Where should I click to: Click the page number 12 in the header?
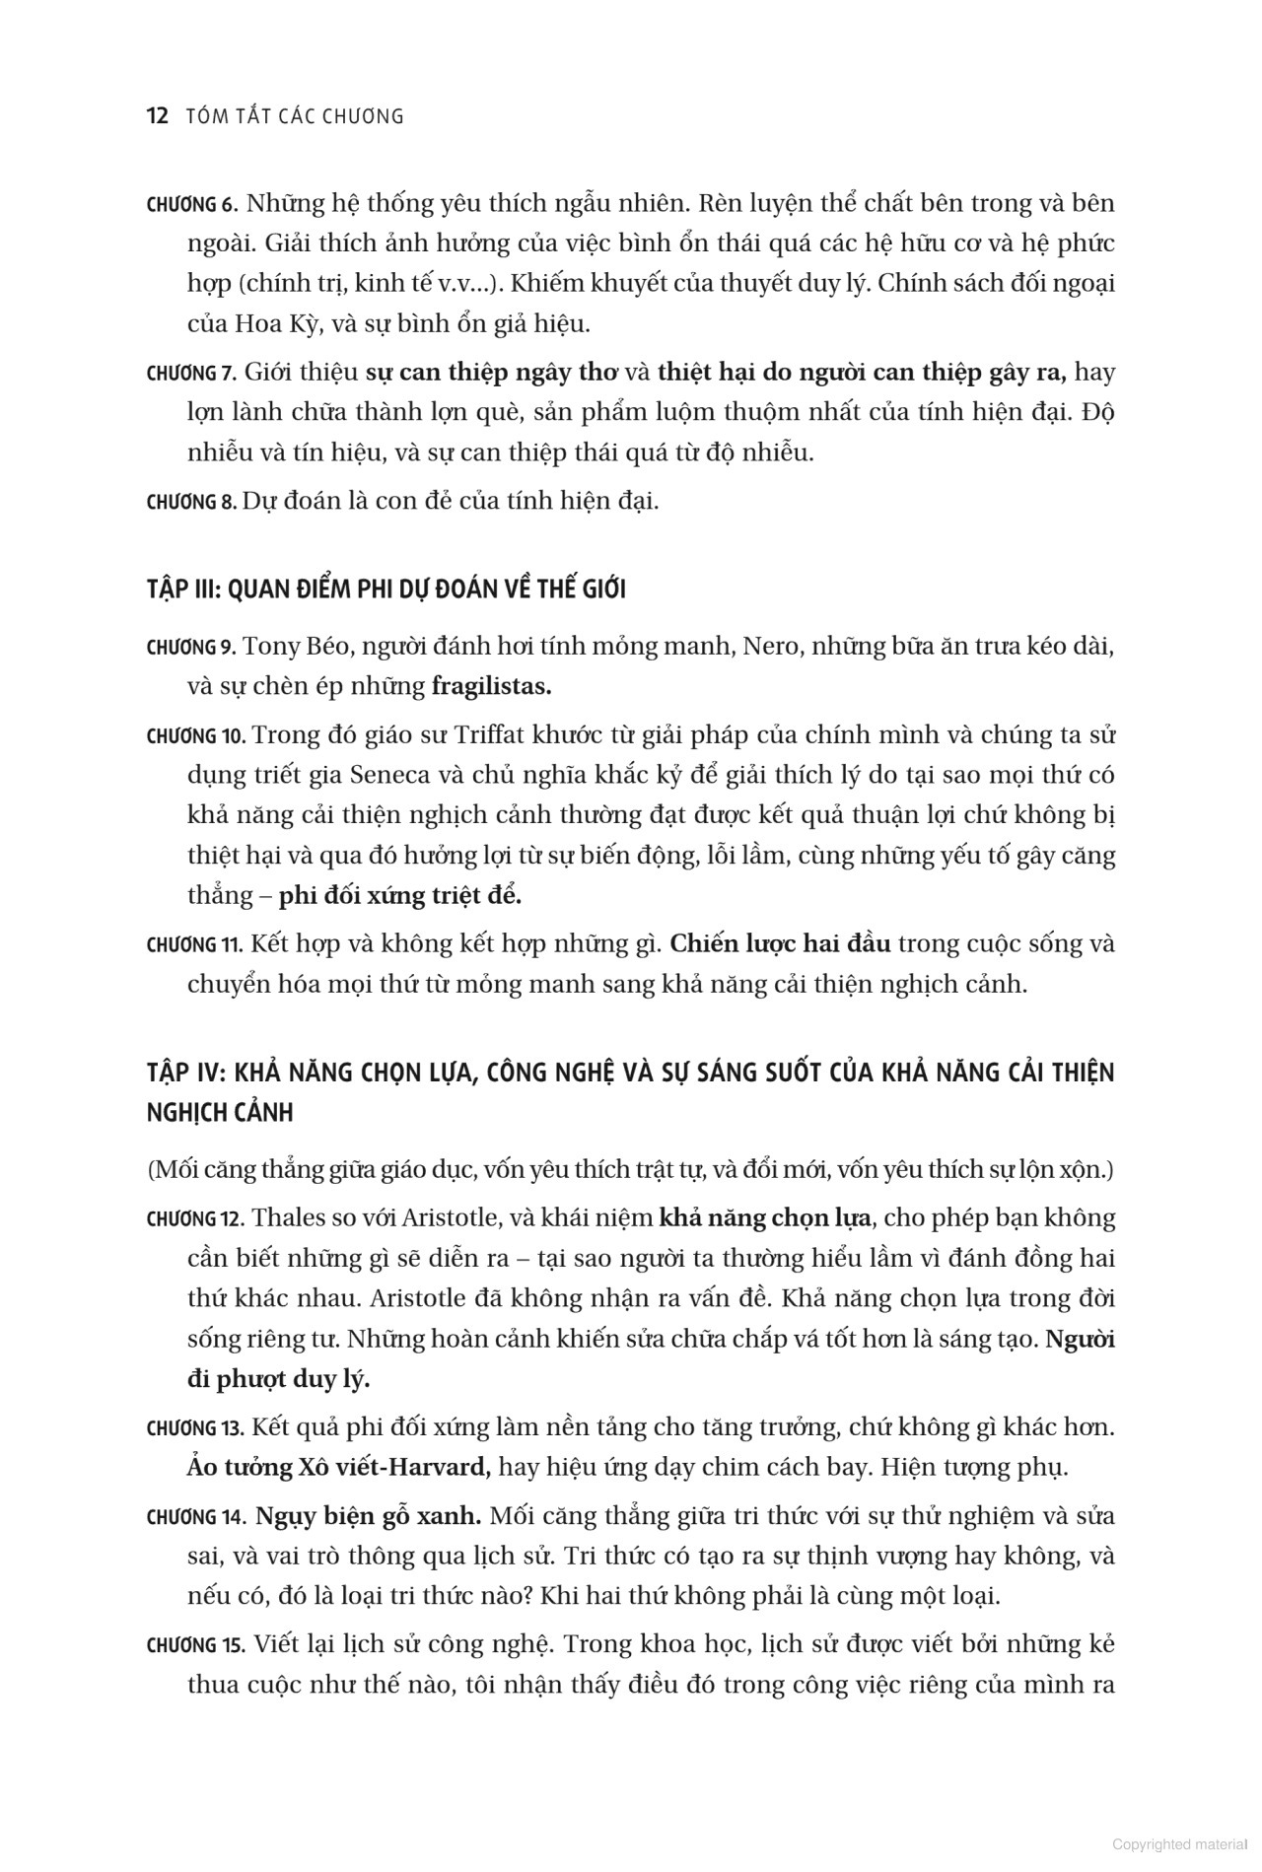(x=158, y=116)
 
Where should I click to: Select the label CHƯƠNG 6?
(x=191, y=205)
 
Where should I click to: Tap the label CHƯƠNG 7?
(x=191, y=374)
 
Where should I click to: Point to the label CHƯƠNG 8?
(x=191, y=502)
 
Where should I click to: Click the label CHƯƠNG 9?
(x=191, y=648)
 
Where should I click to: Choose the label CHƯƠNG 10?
(x=195, y=736)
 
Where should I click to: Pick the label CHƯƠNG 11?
(x=194, y=945)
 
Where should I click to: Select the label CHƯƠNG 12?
(x=195, y=1219)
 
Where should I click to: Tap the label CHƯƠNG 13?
(x=195, y=1428)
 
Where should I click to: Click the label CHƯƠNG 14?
(x=195, y=1517)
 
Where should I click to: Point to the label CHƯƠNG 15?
(x=195, y=1645)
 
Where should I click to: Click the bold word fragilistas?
(x=491, y=687)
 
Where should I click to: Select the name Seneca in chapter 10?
(x=390, y=775)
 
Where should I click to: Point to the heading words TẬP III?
(x=183, y=589)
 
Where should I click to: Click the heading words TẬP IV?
(x=183, y=1073)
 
